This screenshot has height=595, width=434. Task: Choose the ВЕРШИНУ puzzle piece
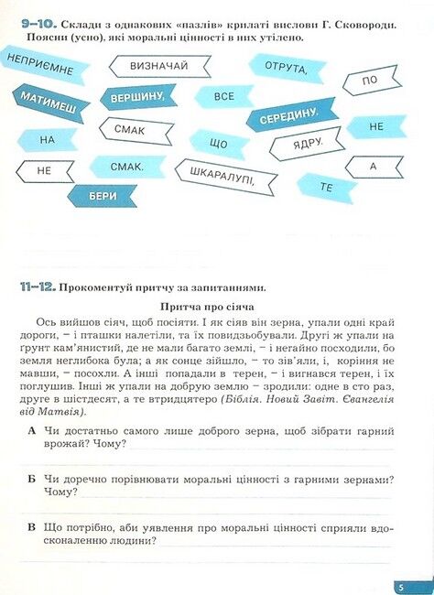(x=137, y=97)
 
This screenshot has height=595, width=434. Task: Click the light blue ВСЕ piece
(x=224, y=96)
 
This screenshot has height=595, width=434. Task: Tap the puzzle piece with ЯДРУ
(x=307, y=145)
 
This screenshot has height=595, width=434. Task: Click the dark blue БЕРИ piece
(x=103, y=195)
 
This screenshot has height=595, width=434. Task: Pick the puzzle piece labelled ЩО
(x=218, y=144)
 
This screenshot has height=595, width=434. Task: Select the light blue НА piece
(x=49, y=139)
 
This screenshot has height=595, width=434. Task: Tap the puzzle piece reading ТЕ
(x=326, y=187)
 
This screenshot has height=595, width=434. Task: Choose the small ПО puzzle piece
(x=370, y=81)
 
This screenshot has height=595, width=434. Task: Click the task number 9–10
(x=36, y=21)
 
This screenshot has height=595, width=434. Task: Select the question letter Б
(x=32, y=479)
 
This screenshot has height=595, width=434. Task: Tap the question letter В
(x=32, y=527)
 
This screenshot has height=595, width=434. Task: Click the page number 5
(x=400, y=587)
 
